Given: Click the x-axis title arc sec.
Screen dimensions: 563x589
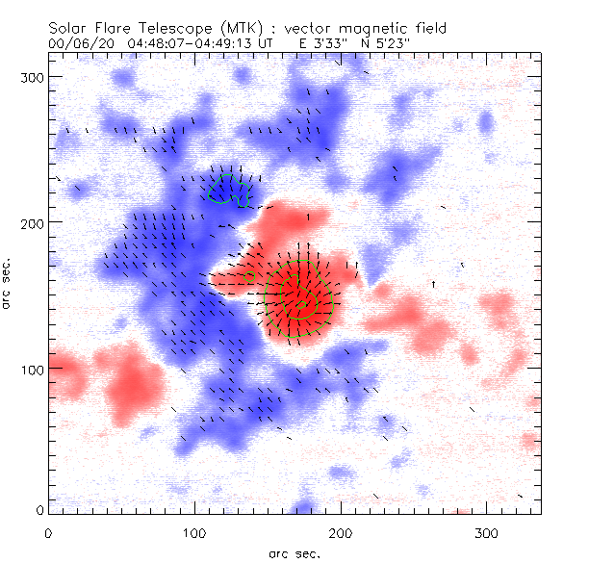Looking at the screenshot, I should click(294, 552).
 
